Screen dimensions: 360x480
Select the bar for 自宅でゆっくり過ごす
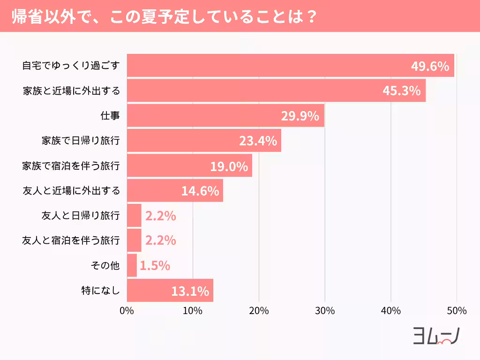290,66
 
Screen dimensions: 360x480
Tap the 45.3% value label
401,91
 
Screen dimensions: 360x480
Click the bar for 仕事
225,116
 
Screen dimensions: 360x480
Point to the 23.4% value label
258,141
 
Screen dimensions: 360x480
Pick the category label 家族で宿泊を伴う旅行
71,166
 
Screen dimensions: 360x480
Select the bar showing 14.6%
175,191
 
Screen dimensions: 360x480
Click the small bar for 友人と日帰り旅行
134,216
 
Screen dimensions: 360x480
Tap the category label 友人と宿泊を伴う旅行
71,241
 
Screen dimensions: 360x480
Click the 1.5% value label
155,266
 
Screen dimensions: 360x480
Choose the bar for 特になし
170,291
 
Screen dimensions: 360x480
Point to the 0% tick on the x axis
127,311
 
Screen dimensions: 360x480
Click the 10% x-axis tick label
193,311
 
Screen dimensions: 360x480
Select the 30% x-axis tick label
325,311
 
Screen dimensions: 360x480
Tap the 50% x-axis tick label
457,311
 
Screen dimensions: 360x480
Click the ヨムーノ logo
435,336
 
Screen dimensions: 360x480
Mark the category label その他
105,266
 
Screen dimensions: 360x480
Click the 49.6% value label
430,66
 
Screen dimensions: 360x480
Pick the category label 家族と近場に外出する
71,90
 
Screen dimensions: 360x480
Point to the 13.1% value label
190,291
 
